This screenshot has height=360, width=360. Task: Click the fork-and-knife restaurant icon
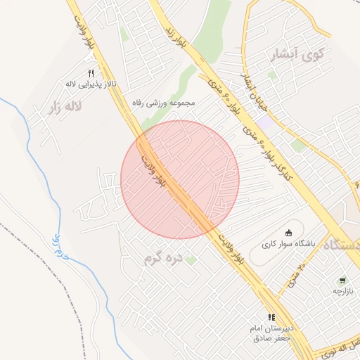click(91, 74)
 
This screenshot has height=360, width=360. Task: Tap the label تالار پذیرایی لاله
click(91, 84)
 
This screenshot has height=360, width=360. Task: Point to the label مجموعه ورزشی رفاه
click(162, 103)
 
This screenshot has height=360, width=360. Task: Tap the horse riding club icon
click(288, 233)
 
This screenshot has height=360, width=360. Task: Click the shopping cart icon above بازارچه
click(343, 279)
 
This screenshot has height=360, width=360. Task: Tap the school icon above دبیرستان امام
click(272, 317)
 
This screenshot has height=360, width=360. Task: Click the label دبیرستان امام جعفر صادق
click(271, 333)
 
